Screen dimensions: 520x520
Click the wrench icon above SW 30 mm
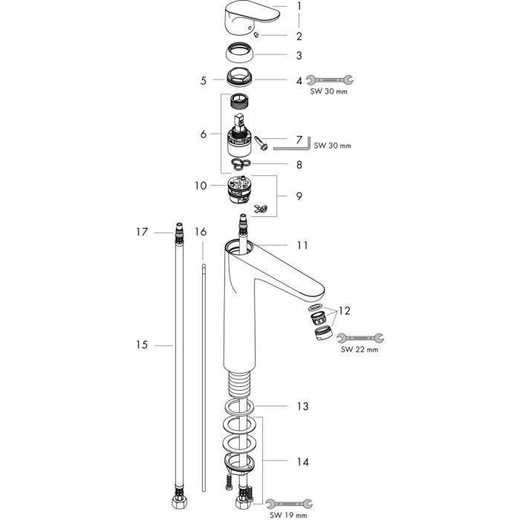tap(331, 79)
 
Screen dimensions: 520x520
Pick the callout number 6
tap(203, 134)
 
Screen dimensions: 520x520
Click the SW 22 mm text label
tap(360, 349)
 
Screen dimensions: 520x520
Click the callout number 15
tap(141, 345)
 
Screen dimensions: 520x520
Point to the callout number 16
tap(200, 233)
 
